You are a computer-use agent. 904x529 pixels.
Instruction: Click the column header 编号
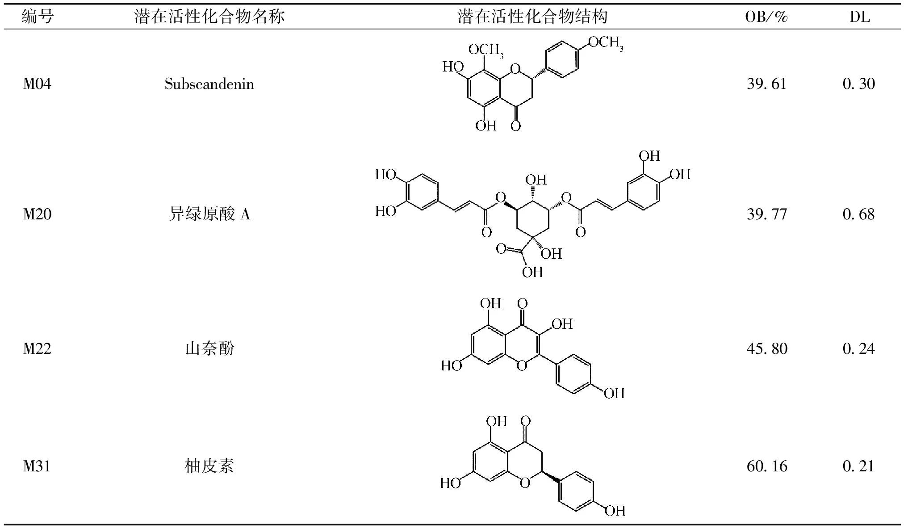[x=38, y=17]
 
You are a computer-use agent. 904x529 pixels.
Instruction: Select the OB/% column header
[x=766, y=17]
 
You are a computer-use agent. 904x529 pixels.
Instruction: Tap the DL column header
[x=859, y=17]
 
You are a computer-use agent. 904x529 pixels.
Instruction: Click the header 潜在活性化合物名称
[x=209, y=17]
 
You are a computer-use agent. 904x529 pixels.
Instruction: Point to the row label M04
[x=37, y=84]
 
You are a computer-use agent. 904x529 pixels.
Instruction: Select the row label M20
[x=37, y=214]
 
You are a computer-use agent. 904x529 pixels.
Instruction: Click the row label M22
[x=37, y=348]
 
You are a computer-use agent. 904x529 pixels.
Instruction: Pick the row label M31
[x=37, y=466]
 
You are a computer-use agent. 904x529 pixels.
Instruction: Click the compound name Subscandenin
[x=209, y=84]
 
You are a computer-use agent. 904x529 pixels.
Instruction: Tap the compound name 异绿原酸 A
[x=209, y=214]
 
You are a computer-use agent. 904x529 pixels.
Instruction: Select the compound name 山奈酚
[x=209, y=348]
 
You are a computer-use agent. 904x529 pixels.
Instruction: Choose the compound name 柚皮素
[x=209, y=466]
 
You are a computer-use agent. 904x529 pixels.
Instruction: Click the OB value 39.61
[x=766, y=84]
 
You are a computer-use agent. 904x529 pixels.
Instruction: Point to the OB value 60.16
[x=766, y=466]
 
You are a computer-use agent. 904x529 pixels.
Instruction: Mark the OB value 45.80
[x=766, y=348]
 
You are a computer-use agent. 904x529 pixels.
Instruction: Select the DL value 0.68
[x=858, y=214]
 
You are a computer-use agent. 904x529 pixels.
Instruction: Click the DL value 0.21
[x=858, y=466]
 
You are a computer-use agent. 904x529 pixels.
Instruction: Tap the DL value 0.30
[x=858, y=84]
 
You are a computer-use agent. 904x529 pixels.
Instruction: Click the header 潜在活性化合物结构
[x=532, y=17]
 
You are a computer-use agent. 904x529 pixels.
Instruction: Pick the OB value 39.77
[x=766, y=214]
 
